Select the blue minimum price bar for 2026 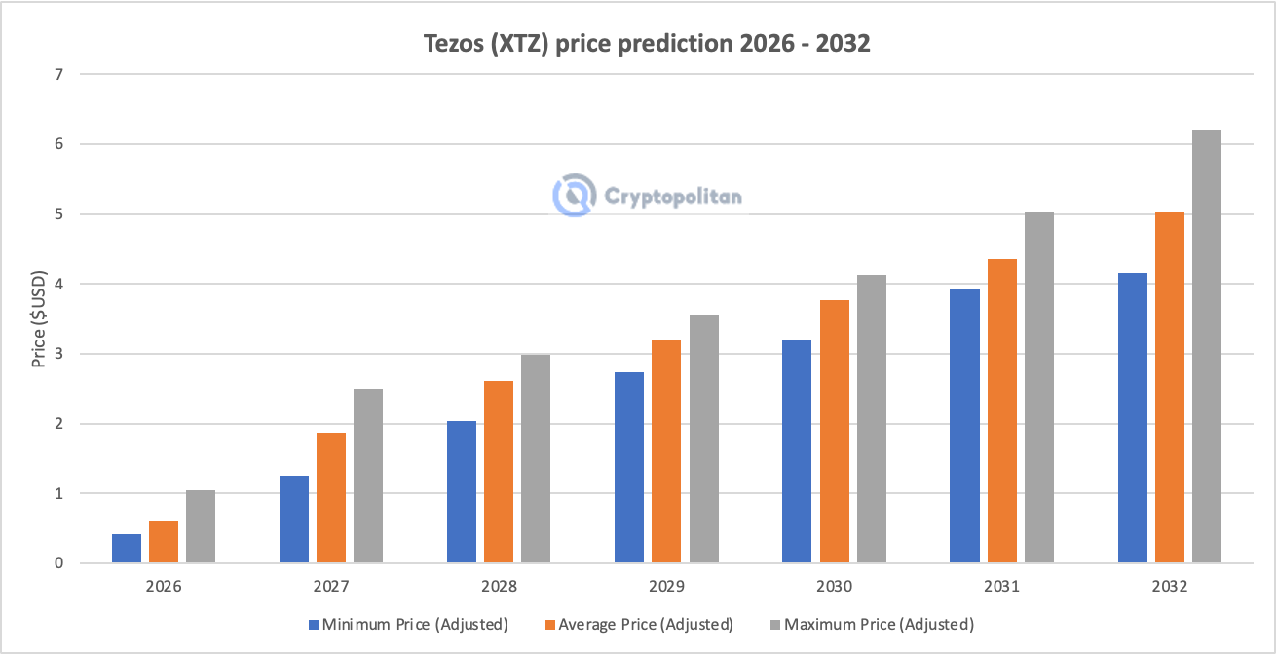[127, 549]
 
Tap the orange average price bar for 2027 [331, 498]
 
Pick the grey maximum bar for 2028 [536, 459]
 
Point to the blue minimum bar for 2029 [629, 468]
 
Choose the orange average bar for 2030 [834, 432]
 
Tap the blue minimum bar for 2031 [964, 426]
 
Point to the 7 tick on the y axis [58, 74]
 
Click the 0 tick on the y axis [58, 563]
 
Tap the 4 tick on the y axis [58, 284]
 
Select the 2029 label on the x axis [666, 588]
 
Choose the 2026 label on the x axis [164, 588]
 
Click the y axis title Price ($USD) [39, 319]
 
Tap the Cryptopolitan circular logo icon [574, 196]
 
